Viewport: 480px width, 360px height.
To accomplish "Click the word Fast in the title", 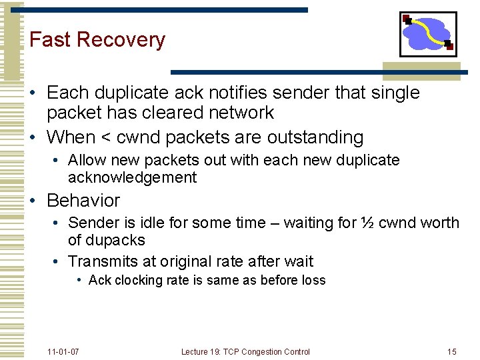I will [x=51, y=39].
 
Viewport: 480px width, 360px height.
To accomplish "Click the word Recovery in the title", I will [x=121, y=40].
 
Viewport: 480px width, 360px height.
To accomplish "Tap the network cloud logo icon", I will [x=427, y=33].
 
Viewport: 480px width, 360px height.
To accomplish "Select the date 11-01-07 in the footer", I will [x=63, y=351].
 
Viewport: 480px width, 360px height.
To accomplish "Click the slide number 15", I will [x=451, y=351].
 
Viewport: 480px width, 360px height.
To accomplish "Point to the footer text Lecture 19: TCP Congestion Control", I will [x=245, y=351].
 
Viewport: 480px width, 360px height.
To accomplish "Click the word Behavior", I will [x=83, y=201].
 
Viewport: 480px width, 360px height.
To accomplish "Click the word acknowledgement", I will [x=132, y=177].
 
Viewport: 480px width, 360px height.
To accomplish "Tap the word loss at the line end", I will [x=313, y=280].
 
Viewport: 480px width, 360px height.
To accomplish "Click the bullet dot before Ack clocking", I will [x=79, y=280].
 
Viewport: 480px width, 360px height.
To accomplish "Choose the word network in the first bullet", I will [x=237, y=113].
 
